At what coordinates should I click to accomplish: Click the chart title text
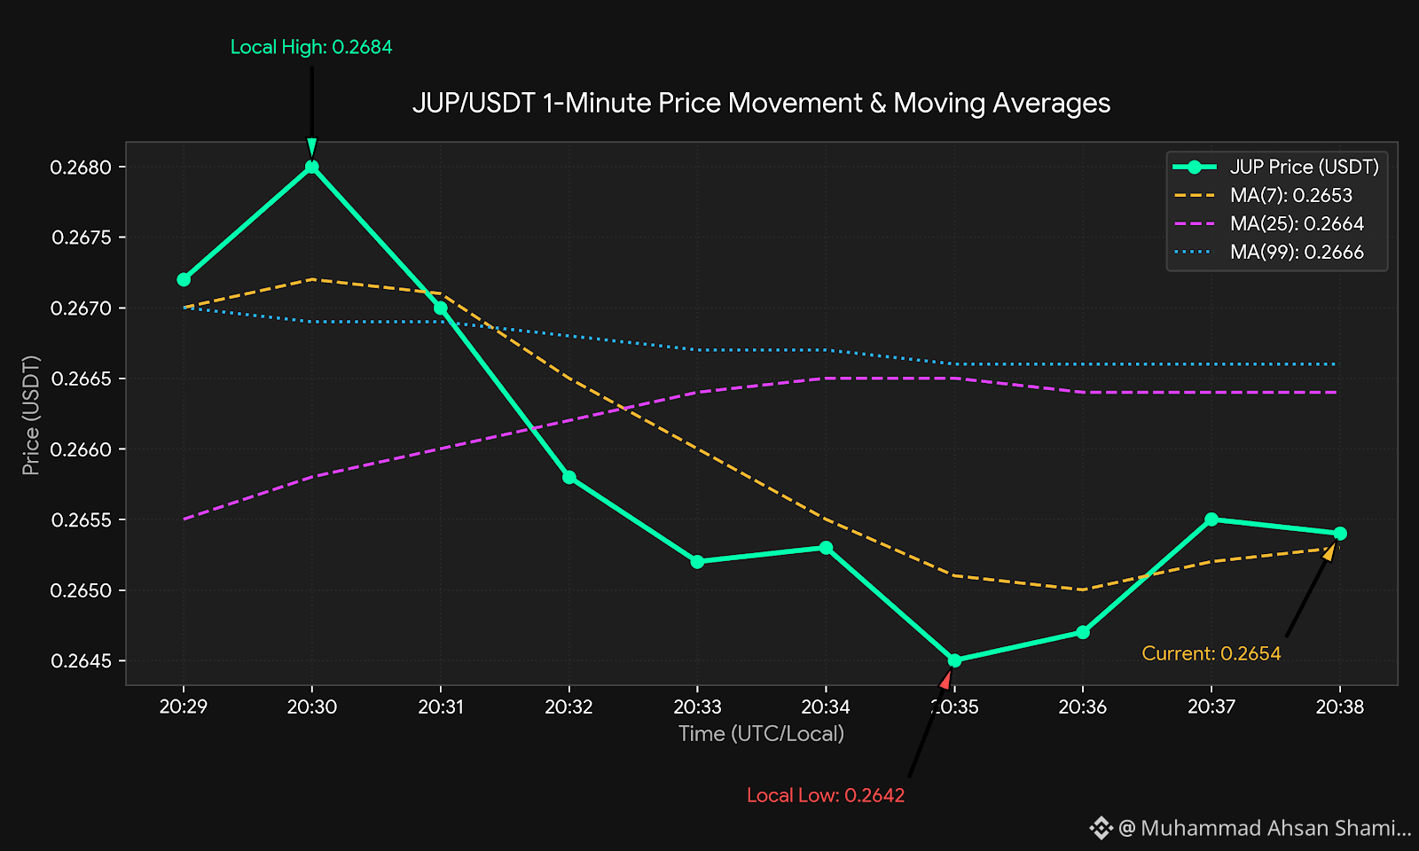(x=761, y=103)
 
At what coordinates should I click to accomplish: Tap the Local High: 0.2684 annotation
(x=311, y=47)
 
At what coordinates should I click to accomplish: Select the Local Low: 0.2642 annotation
(x=826, y=794)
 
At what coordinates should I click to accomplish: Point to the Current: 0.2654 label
(x=1211, y=652)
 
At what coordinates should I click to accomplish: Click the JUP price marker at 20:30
(x=311, y=168)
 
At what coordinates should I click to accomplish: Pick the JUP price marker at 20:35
(x=954, y=660)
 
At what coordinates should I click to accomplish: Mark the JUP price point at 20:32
(x=568, y=477)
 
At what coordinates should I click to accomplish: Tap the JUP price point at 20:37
(x=1211, y=519)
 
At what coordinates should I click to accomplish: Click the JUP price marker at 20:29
(x=184, y=279)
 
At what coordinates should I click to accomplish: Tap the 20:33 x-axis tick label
(x=697, y=706)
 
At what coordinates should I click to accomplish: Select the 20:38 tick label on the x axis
(x=1340, y=706)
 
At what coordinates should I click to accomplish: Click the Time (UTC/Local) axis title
(x=761, y=733)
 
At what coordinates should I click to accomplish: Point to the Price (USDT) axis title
(x=30, y=415)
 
